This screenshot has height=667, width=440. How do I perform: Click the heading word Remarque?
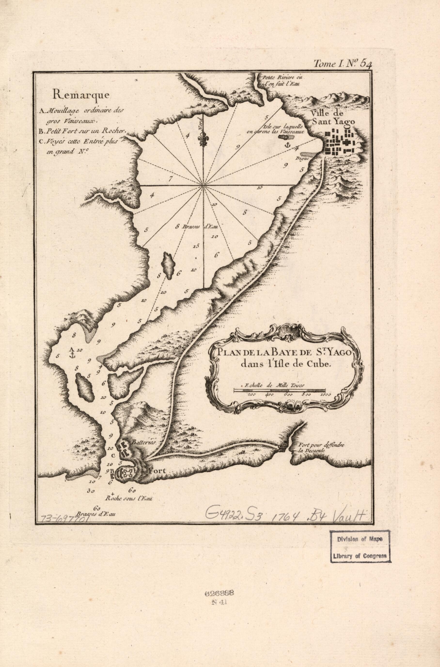81,95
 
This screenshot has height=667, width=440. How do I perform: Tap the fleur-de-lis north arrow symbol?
203,139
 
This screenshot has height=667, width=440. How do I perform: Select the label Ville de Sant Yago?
333,118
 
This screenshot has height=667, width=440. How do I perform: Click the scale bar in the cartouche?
280,390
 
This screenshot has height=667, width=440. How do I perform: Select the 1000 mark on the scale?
325,394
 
